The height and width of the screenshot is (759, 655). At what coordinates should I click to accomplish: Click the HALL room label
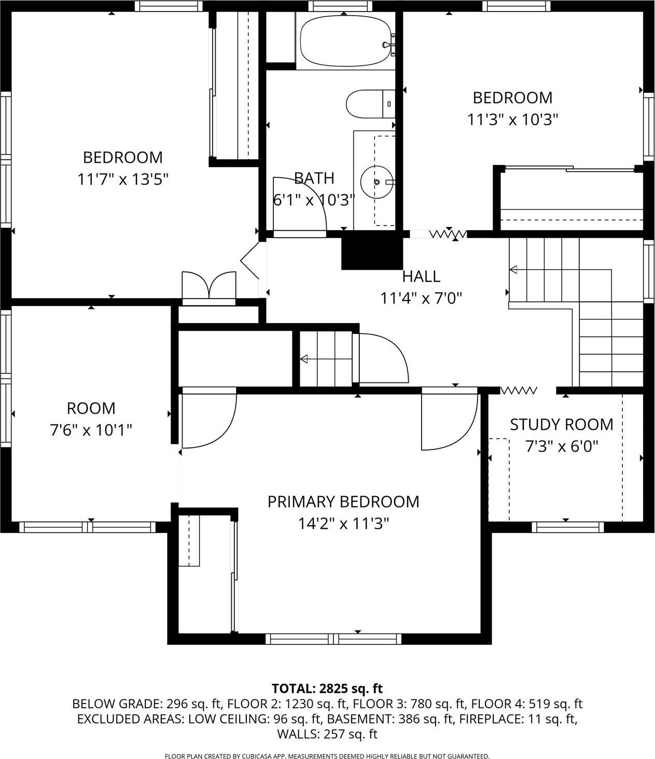(421, 276)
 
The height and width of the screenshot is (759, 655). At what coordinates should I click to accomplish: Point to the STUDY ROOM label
(561, 425)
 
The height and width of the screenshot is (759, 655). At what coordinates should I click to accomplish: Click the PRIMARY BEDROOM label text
(343, 502)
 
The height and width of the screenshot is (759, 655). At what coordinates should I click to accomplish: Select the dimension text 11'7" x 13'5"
(123, 179)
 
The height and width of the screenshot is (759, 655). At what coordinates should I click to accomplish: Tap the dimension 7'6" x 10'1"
(91, 430)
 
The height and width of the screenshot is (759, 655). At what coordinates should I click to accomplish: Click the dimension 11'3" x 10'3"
(512, 120)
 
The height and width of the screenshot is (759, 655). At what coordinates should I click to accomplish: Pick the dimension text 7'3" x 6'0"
(562, 446)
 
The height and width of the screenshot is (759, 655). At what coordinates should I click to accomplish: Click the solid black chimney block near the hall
(371, 250)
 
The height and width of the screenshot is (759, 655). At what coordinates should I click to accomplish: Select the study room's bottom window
(568, 527)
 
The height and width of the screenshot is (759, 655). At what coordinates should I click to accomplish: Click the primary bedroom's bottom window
(333, 639)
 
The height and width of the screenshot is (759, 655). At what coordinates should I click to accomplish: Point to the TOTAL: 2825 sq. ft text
(327, 688)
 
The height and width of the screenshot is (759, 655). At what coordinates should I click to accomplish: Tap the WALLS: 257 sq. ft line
(327, 734)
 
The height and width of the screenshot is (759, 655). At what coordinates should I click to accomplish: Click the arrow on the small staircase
(304, 359)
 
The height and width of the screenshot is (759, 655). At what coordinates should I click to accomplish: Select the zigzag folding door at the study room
(519, 390)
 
